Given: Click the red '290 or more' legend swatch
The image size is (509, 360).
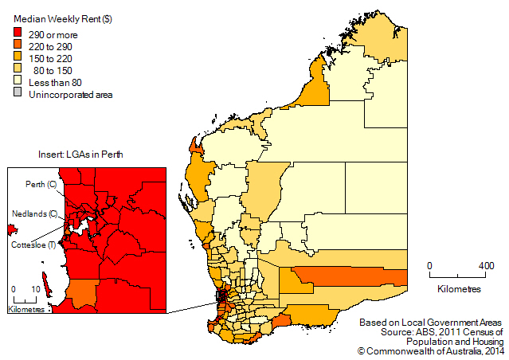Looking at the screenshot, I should (18, 33).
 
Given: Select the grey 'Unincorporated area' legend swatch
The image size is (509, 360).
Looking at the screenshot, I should (18, 95).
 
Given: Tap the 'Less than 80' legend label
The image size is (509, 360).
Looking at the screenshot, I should (56, 83).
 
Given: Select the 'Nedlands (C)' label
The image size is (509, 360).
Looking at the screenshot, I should (33, 213).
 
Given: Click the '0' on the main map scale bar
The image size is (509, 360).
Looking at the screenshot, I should (429, 265).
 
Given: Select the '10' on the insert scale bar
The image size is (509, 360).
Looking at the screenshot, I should (36, 290).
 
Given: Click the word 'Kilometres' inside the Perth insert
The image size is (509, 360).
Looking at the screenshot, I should (26, 308).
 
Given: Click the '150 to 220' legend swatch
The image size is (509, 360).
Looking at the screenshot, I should (18, 58).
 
